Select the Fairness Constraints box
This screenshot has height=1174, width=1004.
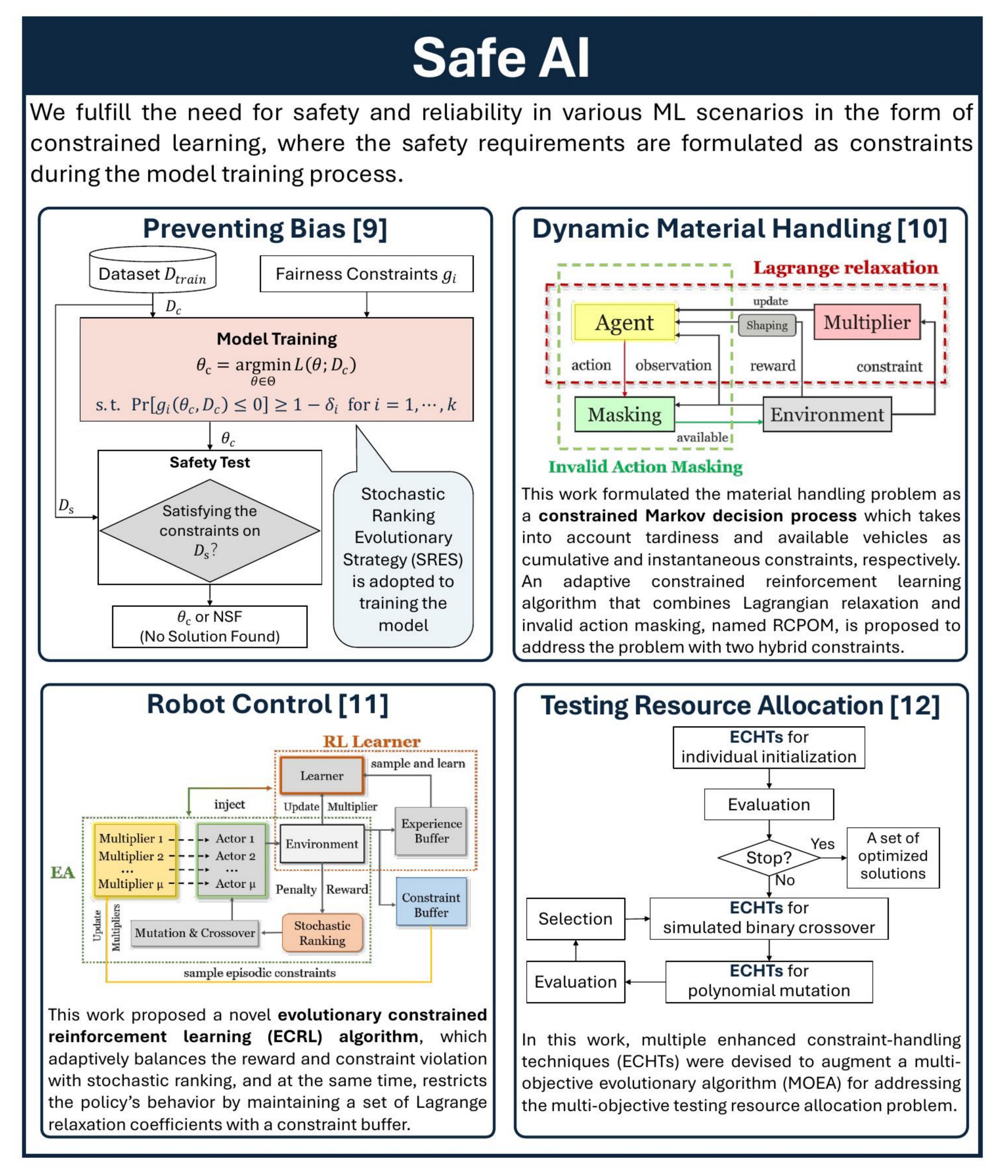(366, 274)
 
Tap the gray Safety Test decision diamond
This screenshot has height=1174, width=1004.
(210, 530)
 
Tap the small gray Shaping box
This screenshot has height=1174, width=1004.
(766, 325)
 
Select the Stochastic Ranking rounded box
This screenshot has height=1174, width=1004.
(322, 933)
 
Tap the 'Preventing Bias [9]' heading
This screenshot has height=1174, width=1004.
(265, 229)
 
